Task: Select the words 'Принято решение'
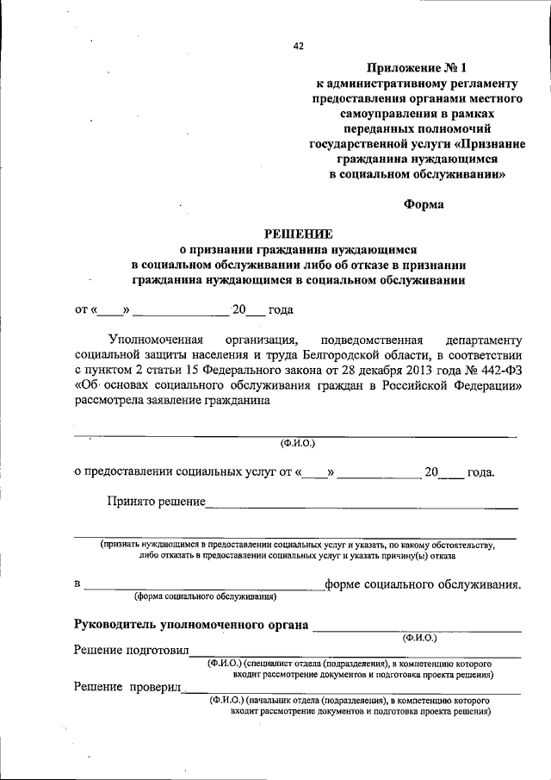(x=155, y=501)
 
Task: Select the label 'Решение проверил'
(x=129, y=686)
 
